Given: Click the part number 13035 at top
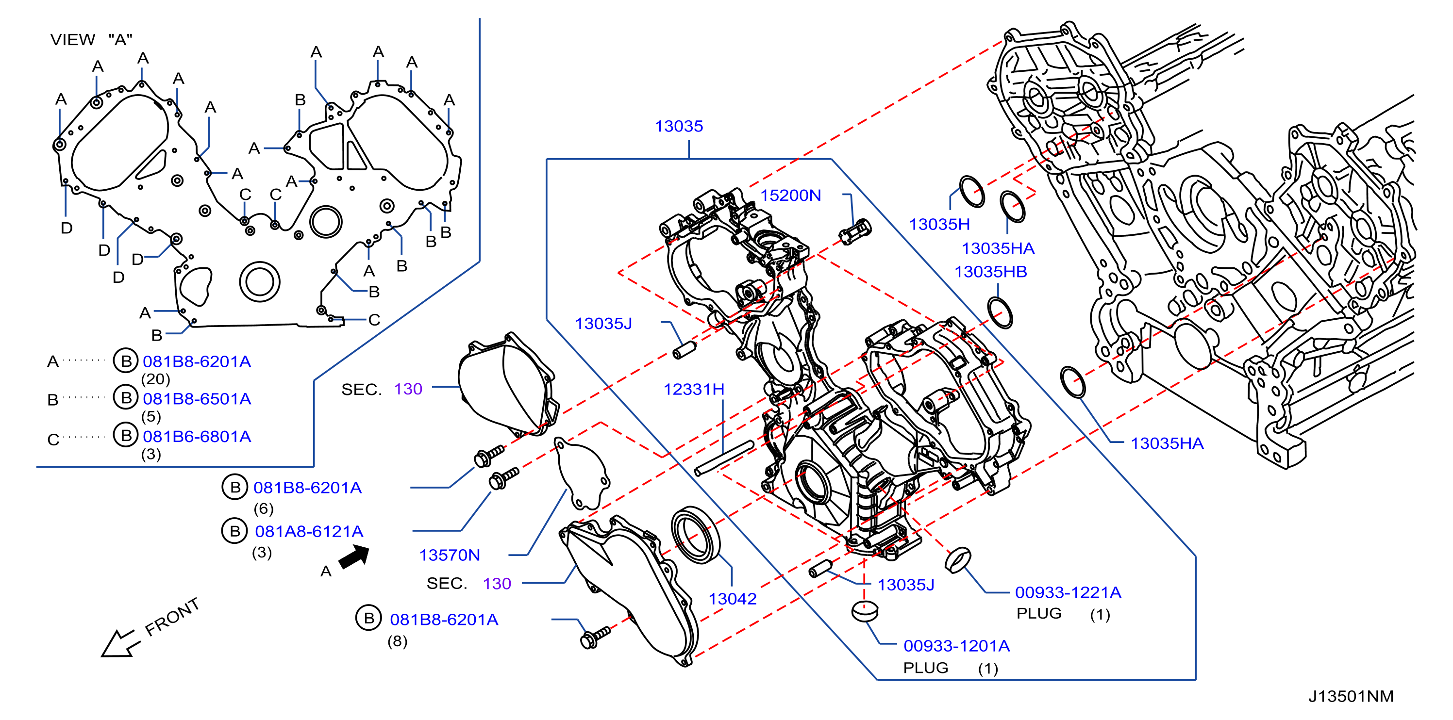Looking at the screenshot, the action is click(x=679, y=126).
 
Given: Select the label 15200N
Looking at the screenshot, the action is click(x=790, y=195).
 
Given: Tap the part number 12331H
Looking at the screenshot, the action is click(x=694, y=389).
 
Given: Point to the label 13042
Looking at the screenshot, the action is click(x=732, y=599).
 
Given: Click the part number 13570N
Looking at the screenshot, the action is click(x=450, y=556).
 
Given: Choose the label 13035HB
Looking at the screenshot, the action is click(x=990, y=272).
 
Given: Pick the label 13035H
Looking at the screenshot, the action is click(x=940, y=225).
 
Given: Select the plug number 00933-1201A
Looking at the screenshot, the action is click(x=957, y=646).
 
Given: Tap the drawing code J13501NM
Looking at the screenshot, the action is click(x=1351, y=697).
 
